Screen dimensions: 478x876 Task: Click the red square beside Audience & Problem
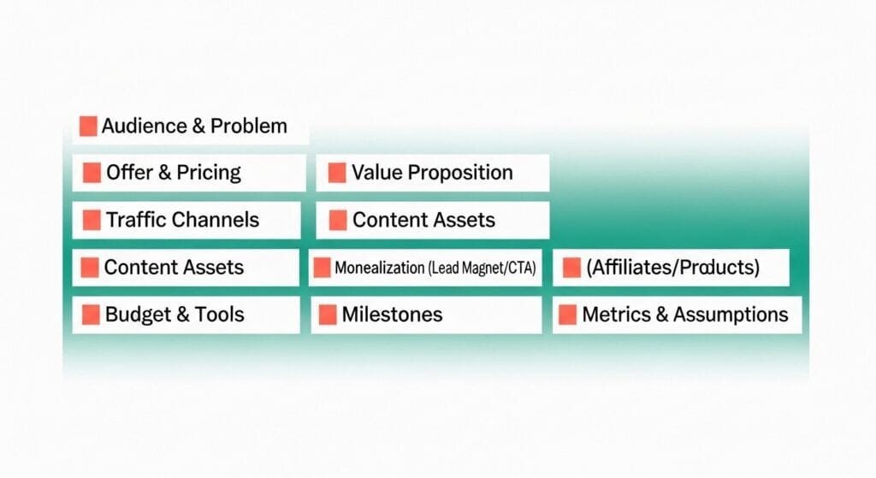click(87, 126)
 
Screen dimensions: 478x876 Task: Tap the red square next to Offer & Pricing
click(92, 173)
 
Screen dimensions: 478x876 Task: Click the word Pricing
click(209, 173)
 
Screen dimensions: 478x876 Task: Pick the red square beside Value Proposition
click(337, 173)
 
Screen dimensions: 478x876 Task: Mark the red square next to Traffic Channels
click(92, 220)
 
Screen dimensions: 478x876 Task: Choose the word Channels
click(216, 220)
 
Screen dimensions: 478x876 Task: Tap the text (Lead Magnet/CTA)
click(482, 268)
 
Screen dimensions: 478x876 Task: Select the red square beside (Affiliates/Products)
click(571, 268)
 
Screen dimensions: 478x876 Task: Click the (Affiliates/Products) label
click(672, 268)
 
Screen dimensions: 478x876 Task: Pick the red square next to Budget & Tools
click(91, 315)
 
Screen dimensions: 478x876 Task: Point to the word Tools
click(221, 315)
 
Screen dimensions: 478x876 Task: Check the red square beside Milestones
click(328, 315)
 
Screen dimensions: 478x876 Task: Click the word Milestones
click(392, 315)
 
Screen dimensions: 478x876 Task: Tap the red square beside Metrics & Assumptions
click(567, 315)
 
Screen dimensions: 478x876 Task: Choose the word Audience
click(142, 127)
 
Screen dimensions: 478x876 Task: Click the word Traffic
click(136, 220)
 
